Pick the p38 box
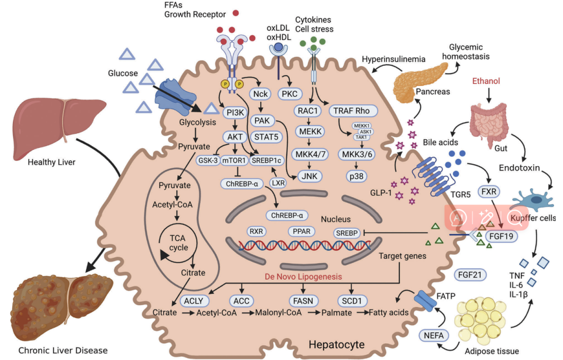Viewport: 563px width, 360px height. (356, 176)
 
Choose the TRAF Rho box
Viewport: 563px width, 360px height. (353, 110)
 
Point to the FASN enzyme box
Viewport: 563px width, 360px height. (300, 301)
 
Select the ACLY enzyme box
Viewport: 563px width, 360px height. (194, 301)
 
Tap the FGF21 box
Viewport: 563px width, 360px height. (467, 275)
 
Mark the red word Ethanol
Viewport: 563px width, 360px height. (486, 81)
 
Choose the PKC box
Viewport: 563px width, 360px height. (290, 94)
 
